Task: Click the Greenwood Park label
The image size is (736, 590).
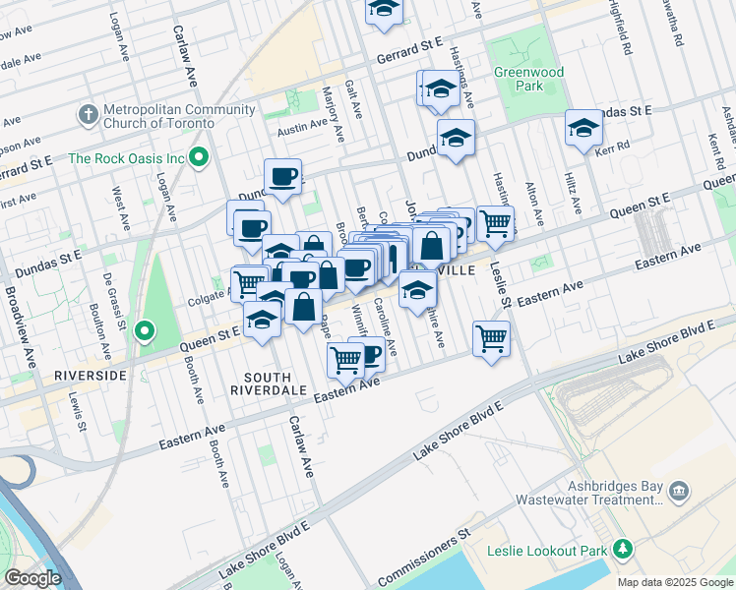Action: pyautogui.click(x=529, y=79)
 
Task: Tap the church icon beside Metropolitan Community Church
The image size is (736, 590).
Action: pyautogui.click(x=88, y=115)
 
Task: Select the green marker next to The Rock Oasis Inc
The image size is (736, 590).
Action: pyautogui.click(x=200, y=157)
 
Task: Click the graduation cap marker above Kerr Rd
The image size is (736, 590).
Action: pyautogui.click(x=583, y=129)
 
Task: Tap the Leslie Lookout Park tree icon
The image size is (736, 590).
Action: pyautogui.click(x=621, y=548)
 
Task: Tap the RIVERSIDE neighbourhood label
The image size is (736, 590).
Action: pyautogui.click(x=90, y=376)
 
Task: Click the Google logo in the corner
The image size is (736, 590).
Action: pyautogui.click(x=32, y=578)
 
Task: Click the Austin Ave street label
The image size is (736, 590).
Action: pyautogui.click(x=302, y=126)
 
